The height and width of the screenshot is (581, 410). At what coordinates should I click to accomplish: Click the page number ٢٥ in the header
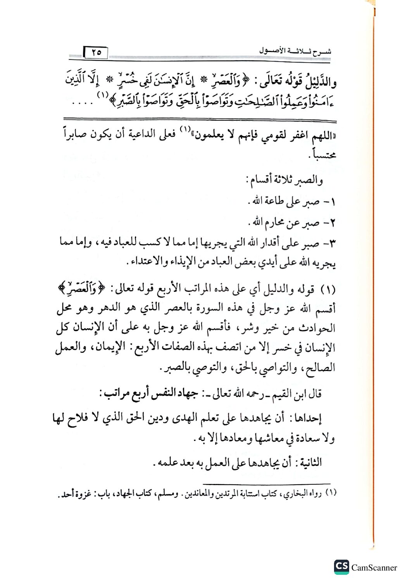point(96,52)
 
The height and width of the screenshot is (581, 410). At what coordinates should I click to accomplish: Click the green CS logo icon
point(341,567)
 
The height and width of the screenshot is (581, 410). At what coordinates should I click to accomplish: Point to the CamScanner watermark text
point(374,567)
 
